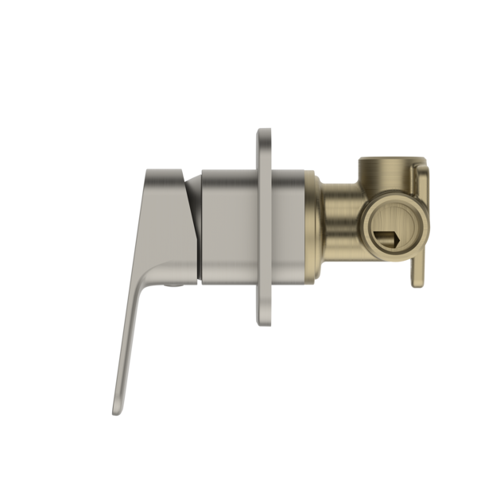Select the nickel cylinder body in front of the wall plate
228,226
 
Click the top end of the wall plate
267,132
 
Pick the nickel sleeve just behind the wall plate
291,226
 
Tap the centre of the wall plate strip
267,226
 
